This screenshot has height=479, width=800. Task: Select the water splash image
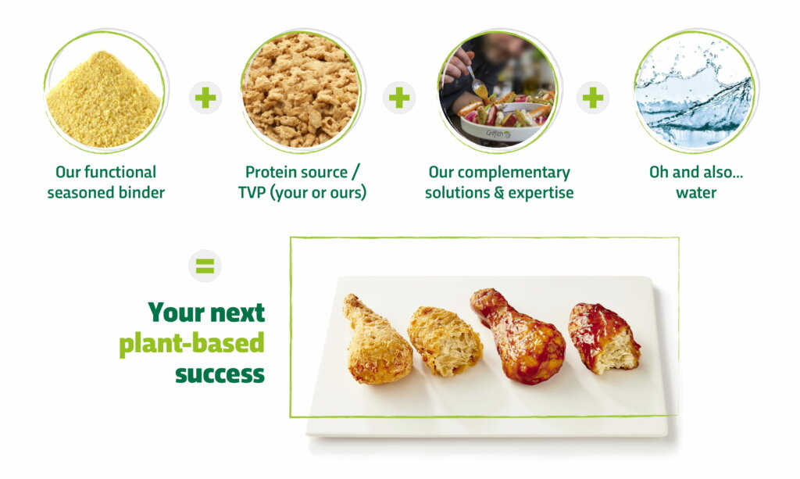pos(695,92)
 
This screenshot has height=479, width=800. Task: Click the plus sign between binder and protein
pos(205,98)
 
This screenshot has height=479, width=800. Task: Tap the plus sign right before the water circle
pos(593,98)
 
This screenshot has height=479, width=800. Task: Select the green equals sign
pos(205,266)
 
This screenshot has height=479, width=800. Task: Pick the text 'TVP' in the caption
pos(251,193)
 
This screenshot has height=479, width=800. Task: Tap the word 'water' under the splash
pos(696,193)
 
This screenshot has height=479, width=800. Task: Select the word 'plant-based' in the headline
pos(192,343)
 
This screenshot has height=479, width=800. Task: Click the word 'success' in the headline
pos(220,374)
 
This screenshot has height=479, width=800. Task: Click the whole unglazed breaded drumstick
pos(377,339)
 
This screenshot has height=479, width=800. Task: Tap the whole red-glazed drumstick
pos(519,336)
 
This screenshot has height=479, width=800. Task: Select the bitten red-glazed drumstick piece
pos(603,338)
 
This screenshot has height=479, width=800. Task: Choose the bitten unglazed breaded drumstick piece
pos(445,340)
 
